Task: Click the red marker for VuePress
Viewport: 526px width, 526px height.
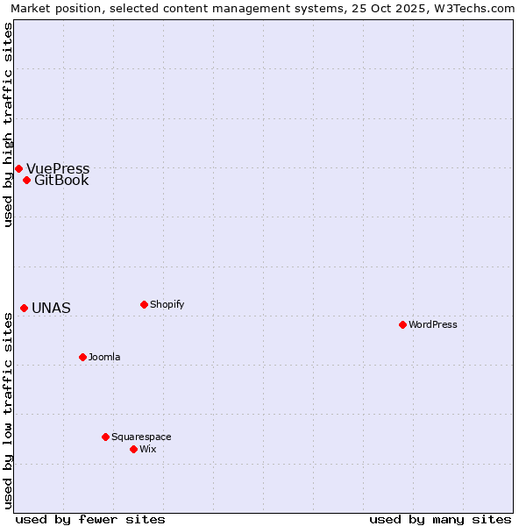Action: (18, 168)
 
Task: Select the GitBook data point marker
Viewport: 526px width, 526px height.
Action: (27, 181)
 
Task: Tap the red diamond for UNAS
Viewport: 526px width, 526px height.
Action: (25, 308)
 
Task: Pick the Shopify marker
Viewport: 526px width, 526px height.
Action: (144, 304)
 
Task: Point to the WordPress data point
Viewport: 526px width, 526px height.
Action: (402, 324)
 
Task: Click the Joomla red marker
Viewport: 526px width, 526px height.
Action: (82, 357)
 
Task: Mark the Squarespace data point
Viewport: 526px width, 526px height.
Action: (105, 437)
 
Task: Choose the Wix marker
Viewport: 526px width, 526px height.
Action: (133, 449)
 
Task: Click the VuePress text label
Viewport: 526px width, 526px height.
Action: (58, 169)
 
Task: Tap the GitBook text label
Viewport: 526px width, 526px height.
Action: (61, 181)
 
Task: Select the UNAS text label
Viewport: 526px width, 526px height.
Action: (51, 309)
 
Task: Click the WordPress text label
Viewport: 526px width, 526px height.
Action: (433, 324)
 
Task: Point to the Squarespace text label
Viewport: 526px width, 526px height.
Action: (141, 437)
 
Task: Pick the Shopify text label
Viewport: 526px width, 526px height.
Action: (167, 304)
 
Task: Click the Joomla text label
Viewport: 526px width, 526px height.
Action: (104, 357)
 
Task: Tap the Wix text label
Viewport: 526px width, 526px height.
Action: (147, 449)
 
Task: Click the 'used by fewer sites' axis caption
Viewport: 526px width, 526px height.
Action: (90, 519)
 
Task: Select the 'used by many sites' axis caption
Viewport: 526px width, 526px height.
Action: (440, 519)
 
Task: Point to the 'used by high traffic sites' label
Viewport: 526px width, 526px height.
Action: (8, 124)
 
